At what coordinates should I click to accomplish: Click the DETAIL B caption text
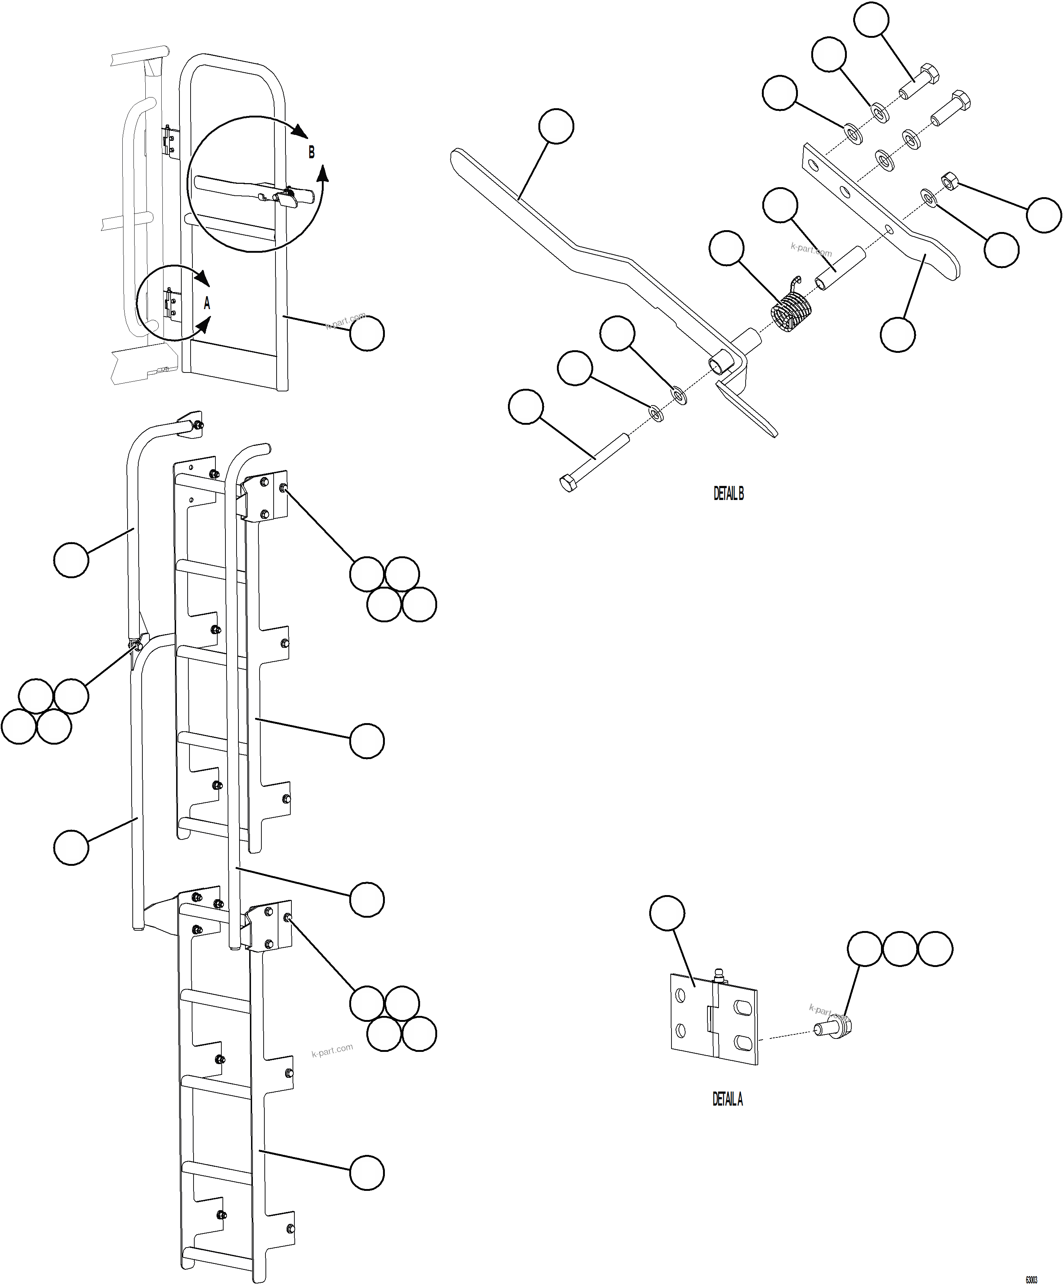point(728,494)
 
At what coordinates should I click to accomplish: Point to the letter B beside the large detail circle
point(311,152)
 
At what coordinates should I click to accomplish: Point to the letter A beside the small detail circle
point(207,303)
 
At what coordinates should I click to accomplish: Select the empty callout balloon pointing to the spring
point(726,248)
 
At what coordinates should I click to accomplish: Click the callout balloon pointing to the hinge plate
point(667,914)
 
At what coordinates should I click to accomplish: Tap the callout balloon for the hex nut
point(1044,215)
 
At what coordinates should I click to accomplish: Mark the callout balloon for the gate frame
point(367,334)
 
